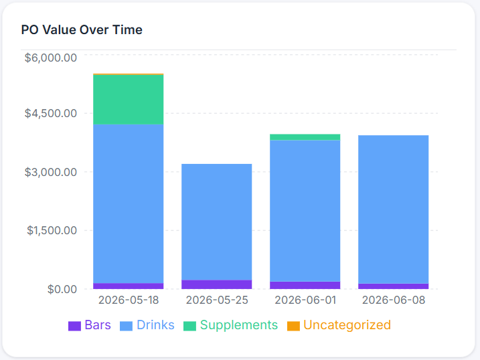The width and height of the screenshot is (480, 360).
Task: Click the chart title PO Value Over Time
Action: [x=82, y=30]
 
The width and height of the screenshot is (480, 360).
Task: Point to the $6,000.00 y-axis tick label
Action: [x=51, y=58]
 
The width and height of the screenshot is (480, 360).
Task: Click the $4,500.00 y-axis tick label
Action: [x=51, y=113]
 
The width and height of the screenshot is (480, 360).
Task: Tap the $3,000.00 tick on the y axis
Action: [x=51, y=172]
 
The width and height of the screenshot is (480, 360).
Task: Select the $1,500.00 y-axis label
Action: [x=52, y=230]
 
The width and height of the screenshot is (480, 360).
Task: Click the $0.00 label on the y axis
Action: [x=62, y=289]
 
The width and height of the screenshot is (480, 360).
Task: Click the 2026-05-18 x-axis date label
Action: [x=129, y=300]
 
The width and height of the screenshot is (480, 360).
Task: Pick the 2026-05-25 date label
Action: [x=217, y=300]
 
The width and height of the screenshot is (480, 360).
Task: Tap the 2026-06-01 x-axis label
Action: [x=305, y=300]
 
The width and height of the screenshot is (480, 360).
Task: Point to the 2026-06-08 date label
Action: [x=394, y=300]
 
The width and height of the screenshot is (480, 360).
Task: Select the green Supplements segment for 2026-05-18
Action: [x=129, y=100]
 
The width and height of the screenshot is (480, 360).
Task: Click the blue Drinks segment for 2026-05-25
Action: [x=217, y=222]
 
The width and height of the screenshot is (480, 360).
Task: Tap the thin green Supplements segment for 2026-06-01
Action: [x=305, y=137]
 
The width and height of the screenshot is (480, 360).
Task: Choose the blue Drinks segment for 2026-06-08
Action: [x=394, y=209]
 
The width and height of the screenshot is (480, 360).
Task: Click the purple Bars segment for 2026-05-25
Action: [x=217, y=284]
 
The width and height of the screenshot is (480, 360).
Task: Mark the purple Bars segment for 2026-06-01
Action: [x=305, y=285]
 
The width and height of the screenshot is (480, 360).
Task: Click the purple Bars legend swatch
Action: [x=74, y=326]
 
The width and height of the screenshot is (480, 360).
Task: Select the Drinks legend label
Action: [x=155, y=325]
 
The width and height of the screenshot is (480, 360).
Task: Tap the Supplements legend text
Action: [x=239, y=325]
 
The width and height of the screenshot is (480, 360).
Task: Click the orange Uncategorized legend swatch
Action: [x=293, y=326]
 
